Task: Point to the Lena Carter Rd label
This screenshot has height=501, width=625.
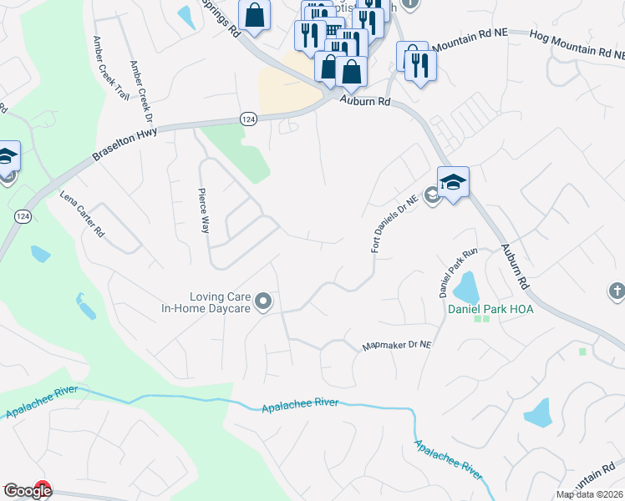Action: pyautogui.click(x=81, y=213)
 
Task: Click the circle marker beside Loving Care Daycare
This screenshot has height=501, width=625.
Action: pyautogui.click(x=263, y=301)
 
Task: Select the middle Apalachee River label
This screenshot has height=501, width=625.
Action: pyautogui.click(x=300, y=404)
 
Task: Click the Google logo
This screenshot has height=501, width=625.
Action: pyautogui.click(x=27, y=492)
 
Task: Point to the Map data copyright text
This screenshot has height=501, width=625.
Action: pyautogui.click(x=588, y=494)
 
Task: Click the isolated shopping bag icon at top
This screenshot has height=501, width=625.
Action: pyautogui.click(x=255, y=14)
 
